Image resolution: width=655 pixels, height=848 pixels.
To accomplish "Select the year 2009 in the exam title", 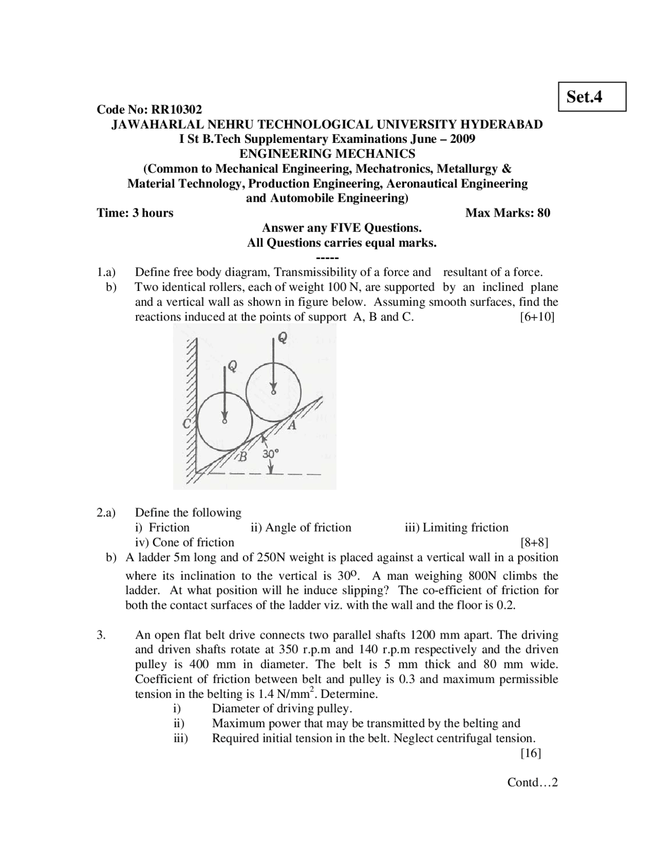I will click(x=462, y=139).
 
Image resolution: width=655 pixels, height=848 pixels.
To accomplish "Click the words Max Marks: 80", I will click(x=508, y=213).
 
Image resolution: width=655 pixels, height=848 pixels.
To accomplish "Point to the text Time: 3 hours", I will click(x=135, y=213).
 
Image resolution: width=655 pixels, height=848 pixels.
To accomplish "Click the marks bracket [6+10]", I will click(x=537, y=316).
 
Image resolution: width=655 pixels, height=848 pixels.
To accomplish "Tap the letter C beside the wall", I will click(x=187, y=423).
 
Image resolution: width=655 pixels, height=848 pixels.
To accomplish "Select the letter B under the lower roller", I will click(x=244, y=456).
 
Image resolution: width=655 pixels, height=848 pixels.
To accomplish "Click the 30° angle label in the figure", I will click(x=271, y=454).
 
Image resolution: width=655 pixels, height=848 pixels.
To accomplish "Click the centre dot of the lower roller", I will click(x=224, y=421).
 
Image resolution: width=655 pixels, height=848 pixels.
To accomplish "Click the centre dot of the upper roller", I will click(x=273, y=393).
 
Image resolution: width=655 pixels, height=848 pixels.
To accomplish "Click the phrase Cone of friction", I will click(x=193, y=542).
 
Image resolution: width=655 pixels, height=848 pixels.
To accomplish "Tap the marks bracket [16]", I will click(x=531, y=753).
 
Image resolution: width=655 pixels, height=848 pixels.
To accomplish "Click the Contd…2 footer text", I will click(x=532, y=782).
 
